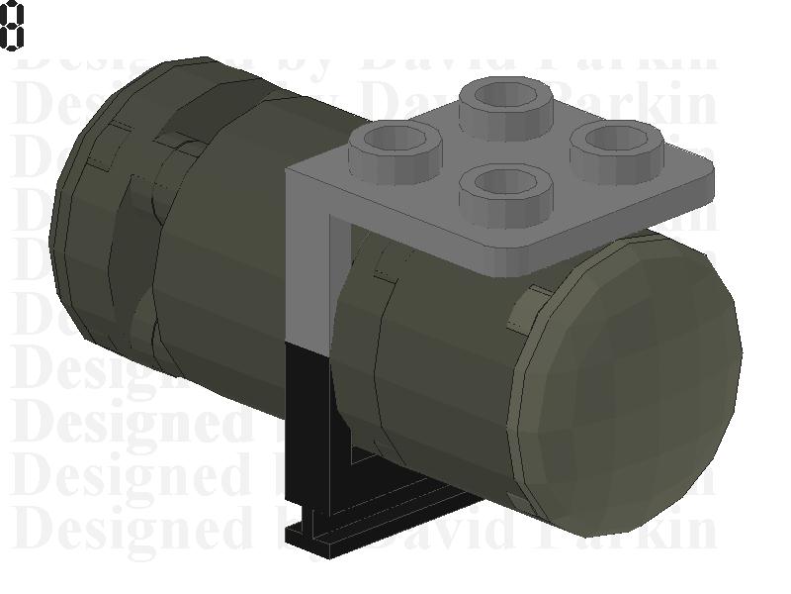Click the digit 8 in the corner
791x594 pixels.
coord(11,26)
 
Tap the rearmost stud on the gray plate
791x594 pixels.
coord(509,99)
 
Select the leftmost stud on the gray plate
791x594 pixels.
coord(395,143)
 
